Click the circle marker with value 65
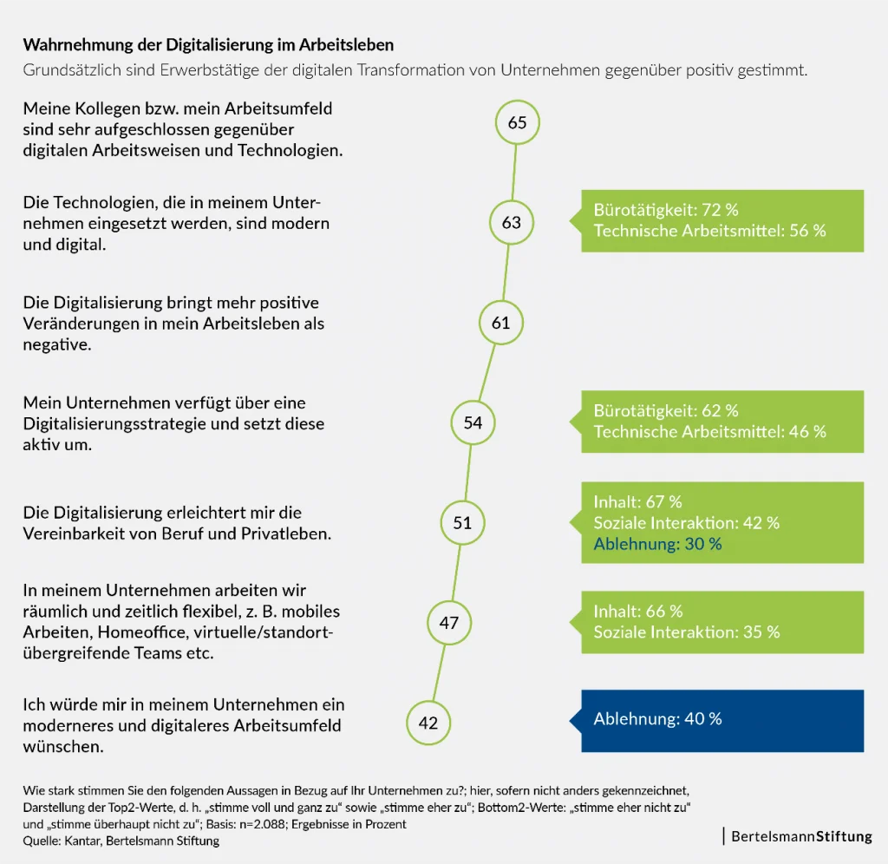click(x=517, y=122)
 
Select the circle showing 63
click(x=512, y=223)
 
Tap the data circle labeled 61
click(x=501, y=323)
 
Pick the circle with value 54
click(x=473, y=423)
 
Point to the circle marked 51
click(x=462, y=523)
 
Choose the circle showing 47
click(x=449, y=623)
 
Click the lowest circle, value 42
click(x=428, y=723)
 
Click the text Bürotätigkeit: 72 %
click(x=666, y=210)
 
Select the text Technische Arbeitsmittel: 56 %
click(x=709, y=231)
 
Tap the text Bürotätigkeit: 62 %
click(x=666, y=410)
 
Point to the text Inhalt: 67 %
click(x=637, y=501)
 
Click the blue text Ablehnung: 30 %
click(x=657, y=544)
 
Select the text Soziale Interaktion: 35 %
click(x=686, y=632)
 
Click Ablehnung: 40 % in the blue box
click(x=657, y=719)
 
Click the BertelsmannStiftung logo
click(x=800, y=837)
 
